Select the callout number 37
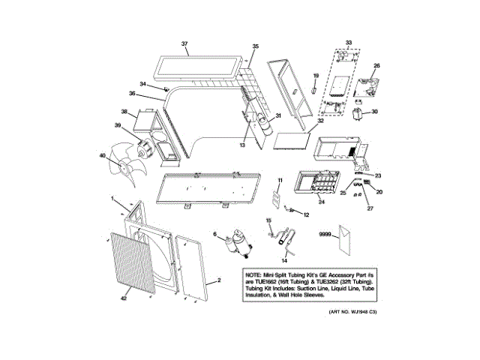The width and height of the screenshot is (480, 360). [184, 44]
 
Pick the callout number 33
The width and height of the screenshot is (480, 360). [348, 42]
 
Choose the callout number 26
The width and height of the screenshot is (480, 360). [377, 66]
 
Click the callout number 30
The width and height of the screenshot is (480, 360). [376, 112]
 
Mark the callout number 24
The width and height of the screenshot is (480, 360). [321, 201]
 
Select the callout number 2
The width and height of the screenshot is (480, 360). [218, 281]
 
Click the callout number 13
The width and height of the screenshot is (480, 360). [242, 145]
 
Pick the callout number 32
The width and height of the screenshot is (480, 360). [320, 121]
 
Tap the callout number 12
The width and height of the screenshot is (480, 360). [306, 215]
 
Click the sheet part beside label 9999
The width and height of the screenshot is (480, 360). [345, 241]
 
